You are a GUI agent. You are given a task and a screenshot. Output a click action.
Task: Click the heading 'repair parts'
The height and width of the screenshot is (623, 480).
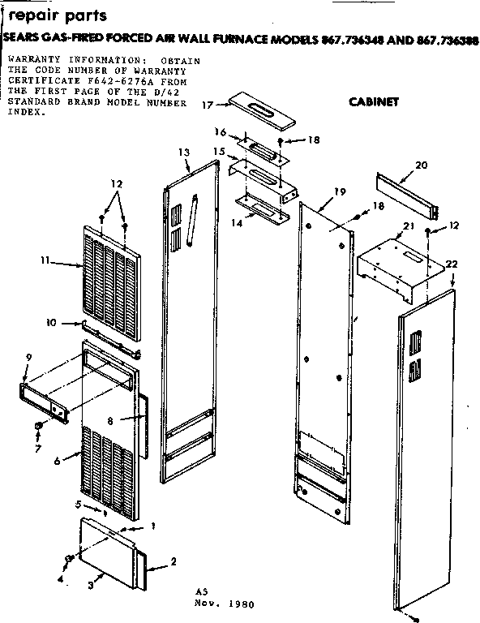[x=55, y=16]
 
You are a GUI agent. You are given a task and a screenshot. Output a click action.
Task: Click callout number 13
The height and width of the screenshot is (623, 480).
[x=183, y=153]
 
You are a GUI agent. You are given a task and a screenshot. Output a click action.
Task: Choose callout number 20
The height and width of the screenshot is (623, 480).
[x=420, y=165]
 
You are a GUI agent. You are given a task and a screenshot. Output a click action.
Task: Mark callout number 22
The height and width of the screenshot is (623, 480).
[x=452, y=264]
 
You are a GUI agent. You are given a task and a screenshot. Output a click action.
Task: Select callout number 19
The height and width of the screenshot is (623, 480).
[x=340, y=191]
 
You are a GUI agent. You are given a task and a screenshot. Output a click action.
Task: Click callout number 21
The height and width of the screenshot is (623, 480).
[x=409, y=225]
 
